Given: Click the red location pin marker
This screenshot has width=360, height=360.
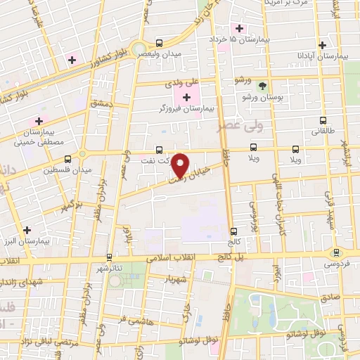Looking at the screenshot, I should click(x=181, y=165).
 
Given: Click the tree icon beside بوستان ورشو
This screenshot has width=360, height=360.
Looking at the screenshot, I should click(x=262, y=86).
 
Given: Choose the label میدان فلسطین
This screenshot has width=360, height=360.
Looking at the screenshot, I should click(x=63, y=170).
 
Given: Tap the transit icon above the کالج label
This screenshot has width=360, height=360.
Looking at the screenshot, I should click(x=233, y=231).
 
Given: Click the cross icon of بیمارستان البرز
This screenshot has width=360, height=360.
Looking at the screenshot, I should click(x=27, y=230).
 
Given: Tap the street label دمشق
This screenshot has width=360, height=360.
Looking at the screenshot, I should click(x=101, y=104).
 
